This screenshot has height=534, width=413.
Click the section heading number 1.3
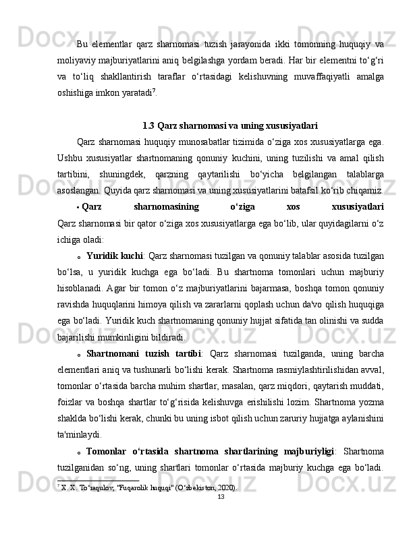point(148,125)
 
